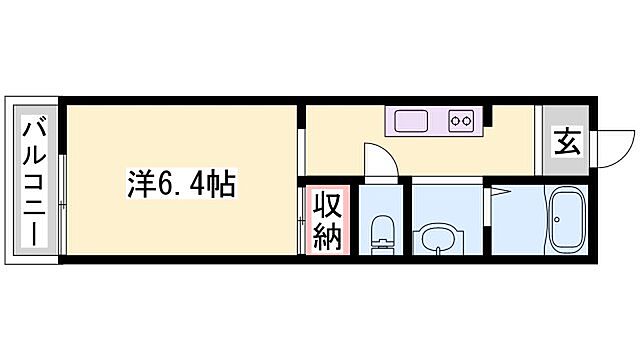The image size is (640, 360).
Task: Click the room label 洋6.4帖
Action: (180, 184)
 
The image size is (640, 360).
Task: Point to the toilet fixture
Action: (380, 234)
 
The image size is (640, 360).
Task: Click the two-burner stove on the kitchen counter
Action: (461, 122)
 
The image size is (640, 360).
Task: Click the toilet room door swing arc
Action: (378, 160)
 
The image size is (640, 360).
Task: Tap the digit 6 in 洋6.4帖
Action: (161, 185)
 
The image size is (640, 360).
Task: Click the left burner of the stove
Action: (456, 122)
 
